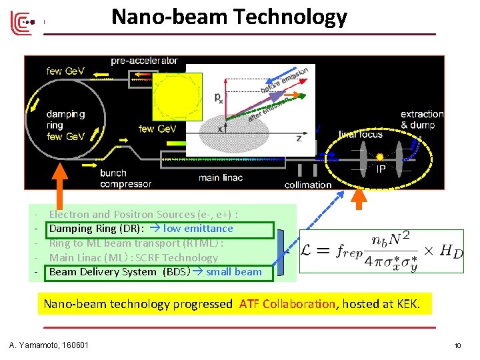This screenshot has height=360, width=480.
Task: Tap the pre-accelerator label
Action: point(144,61)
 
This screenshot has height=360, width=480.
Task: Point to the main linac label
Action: point(219,178)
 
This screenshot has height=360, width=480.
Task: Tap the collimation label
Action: point(308,185)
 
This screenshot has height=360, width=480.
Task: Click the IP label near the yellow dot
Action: point(381,169)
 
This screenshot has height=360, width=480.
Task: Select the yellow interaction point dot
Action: point(379,157)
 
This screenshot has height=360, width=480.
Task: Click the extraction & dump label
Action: point(422,119)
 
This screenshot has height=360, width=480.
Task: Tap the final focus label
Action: point(361,135)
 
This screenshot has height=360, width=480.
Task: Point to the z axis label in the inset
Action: point(299,139)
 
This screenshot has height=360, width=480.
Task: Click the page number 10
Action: point(457,345)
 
